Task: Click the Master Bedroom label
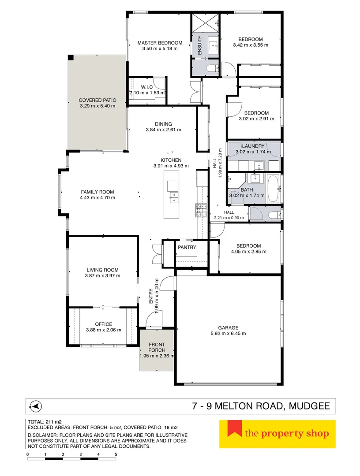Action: [160, 43]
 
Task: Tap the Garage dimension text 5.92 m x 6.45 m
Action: [228, 334]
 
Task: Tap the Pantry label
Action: [187, 247]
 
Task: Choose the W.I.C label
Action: [147, 87]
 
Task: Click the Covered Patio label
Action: [97, 100]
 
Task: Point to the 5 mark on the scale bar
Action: [116, 454]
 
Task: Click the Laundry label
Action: [253, 146]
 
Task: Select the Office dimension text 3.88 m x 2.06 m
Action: [103, 330]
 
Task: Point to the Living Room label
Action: [102, 270]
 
